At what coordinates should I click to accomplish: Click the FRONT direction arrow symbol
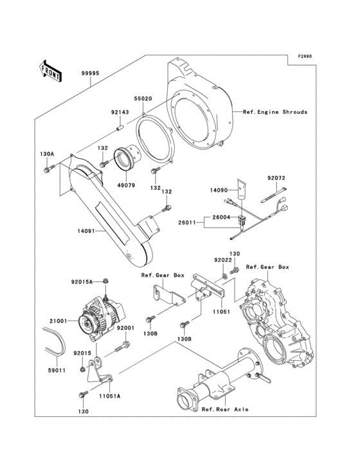coord(51,71)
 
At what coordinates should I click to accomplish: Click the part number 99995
coord(91,74)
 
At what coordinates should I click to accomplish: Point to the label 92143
coord(120,112)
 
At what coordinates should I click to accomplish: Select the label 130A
coord(47,154)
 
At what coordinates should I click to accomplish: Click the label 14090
coord(219,190)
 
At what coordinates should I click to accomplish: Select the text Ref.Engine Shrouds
coord(275,112)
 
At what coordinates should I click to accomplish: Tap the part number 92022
coord(223,260)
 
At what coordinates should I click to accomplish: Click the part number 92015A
coord(82,282)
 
